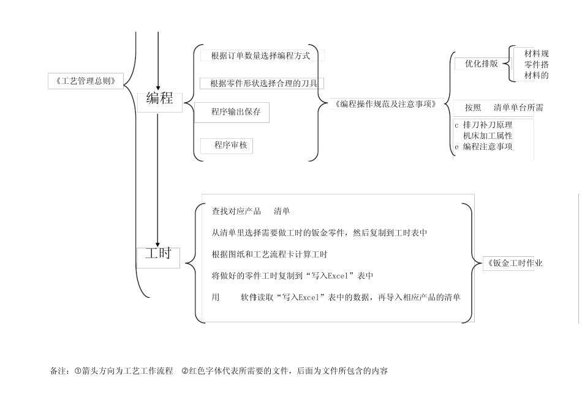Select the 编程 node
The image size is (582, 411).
coord(160,98)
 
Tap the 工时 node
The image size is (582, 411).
coord(158,254)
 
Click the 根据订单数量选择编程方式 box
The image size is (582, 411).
coord(260,56)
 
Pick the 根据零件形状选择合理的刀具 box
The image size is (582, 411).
coord(262,83)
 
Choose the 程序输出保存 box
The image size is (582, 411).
coord(236,112)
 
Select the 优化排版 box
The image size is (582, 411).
coord(481,63)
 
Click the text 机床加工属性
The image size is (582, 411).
coord(488,136)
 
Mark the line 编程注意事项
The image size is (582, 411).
coord(488,147)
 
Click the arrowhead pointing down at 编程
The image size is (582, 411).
coord(158,87)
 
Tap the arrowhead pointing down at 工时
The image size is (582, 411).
coord(158,245)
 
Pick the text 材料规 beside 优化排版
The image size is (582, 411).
coord(536,54)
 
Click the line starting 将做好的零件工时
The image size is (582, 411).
coord(292,276)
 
